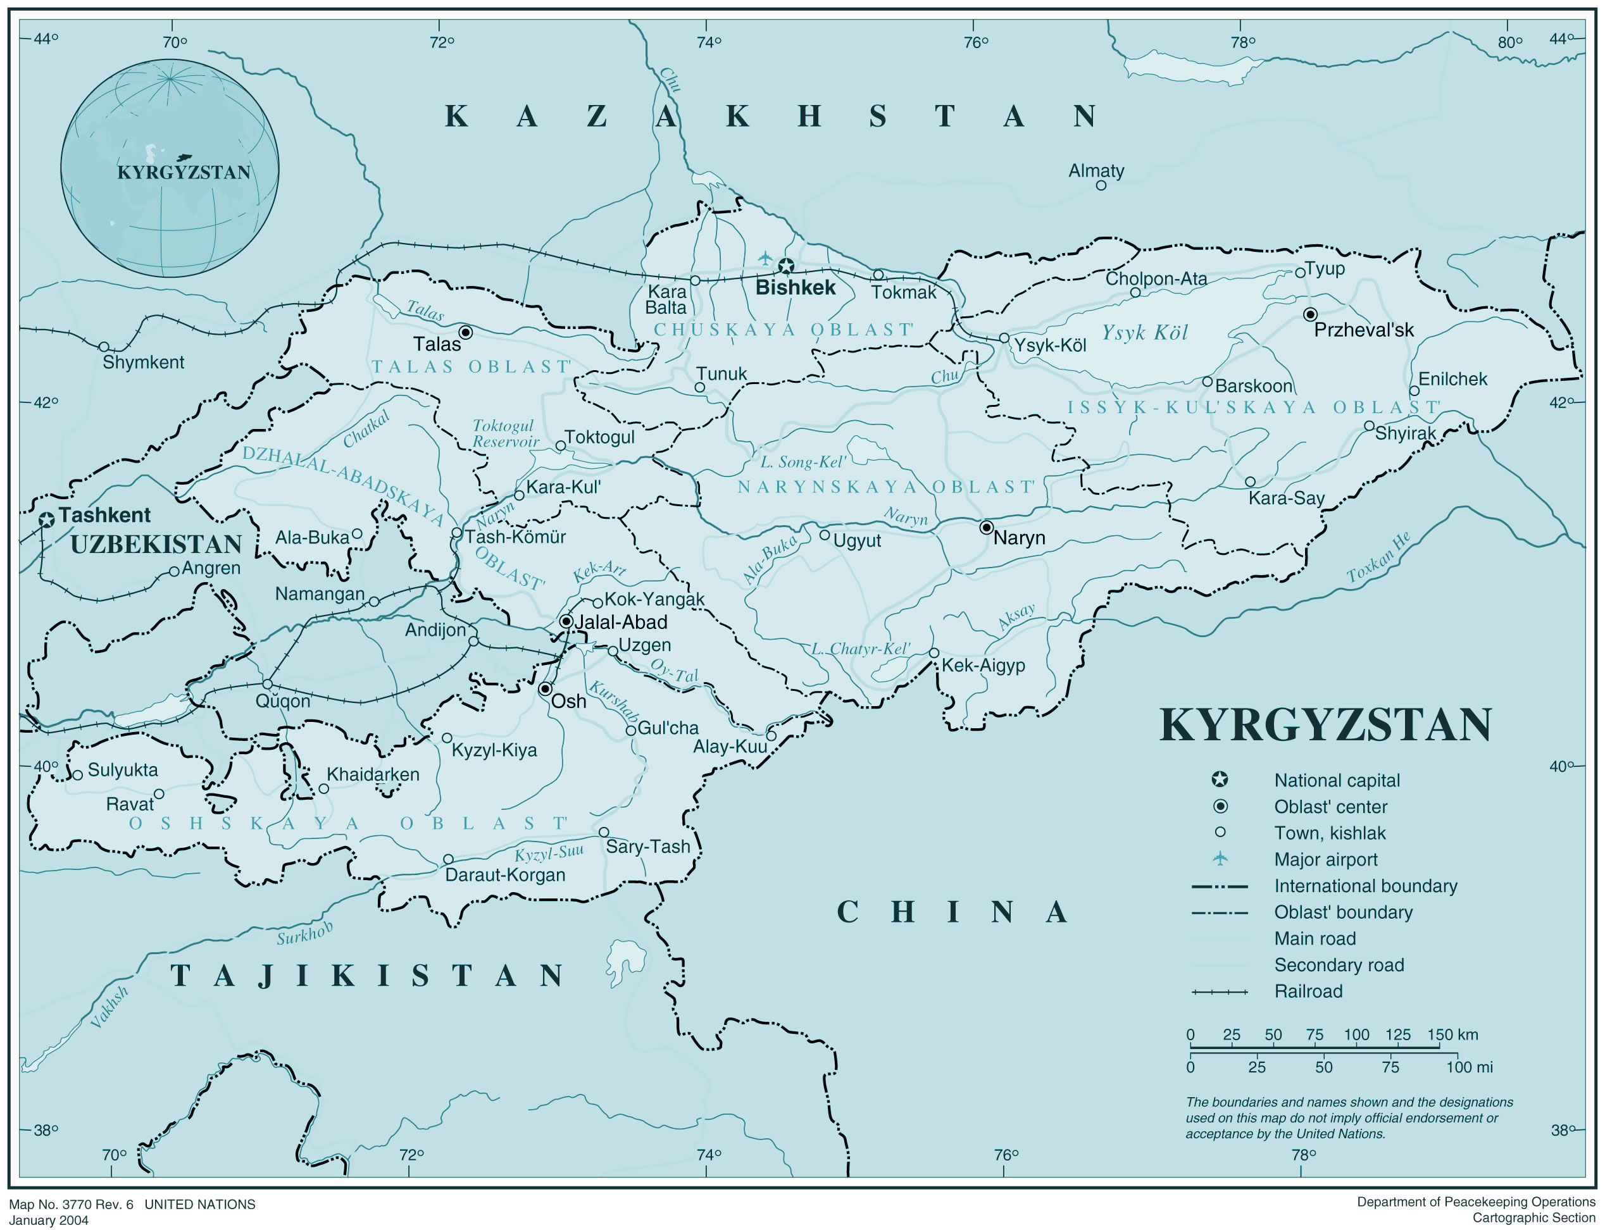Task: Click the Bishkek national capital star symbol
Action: (785, 266)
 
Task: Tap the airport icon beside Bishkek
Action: (765, 258)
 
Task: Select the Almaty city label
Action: (1096, 171)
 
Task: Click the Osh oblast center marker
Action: (546, 689)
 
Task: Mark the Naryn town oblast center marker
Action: (986, 527)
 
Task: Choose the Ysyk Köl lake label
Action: (1144, 332)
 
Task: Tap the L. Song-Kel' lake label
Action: (802, 462)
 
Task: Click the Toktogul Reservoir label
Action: (504, 433)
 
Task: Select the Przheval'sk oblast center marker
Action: (1310, 314)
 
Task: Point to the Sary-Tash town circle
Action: (604, 832)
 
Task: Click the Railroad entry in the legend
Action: (1308, 991)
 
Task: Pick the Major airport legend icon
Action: (1220, 858)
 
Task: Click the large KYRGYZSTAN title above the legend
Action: (1325, 725)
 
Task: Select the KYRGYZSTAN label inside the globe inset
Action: (184, 172)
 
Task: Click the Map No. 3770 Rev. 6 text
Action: (71, 1205)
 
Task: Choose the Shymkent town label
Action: (144, 362)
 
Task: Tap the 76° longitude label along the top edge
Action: (975, 42)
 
